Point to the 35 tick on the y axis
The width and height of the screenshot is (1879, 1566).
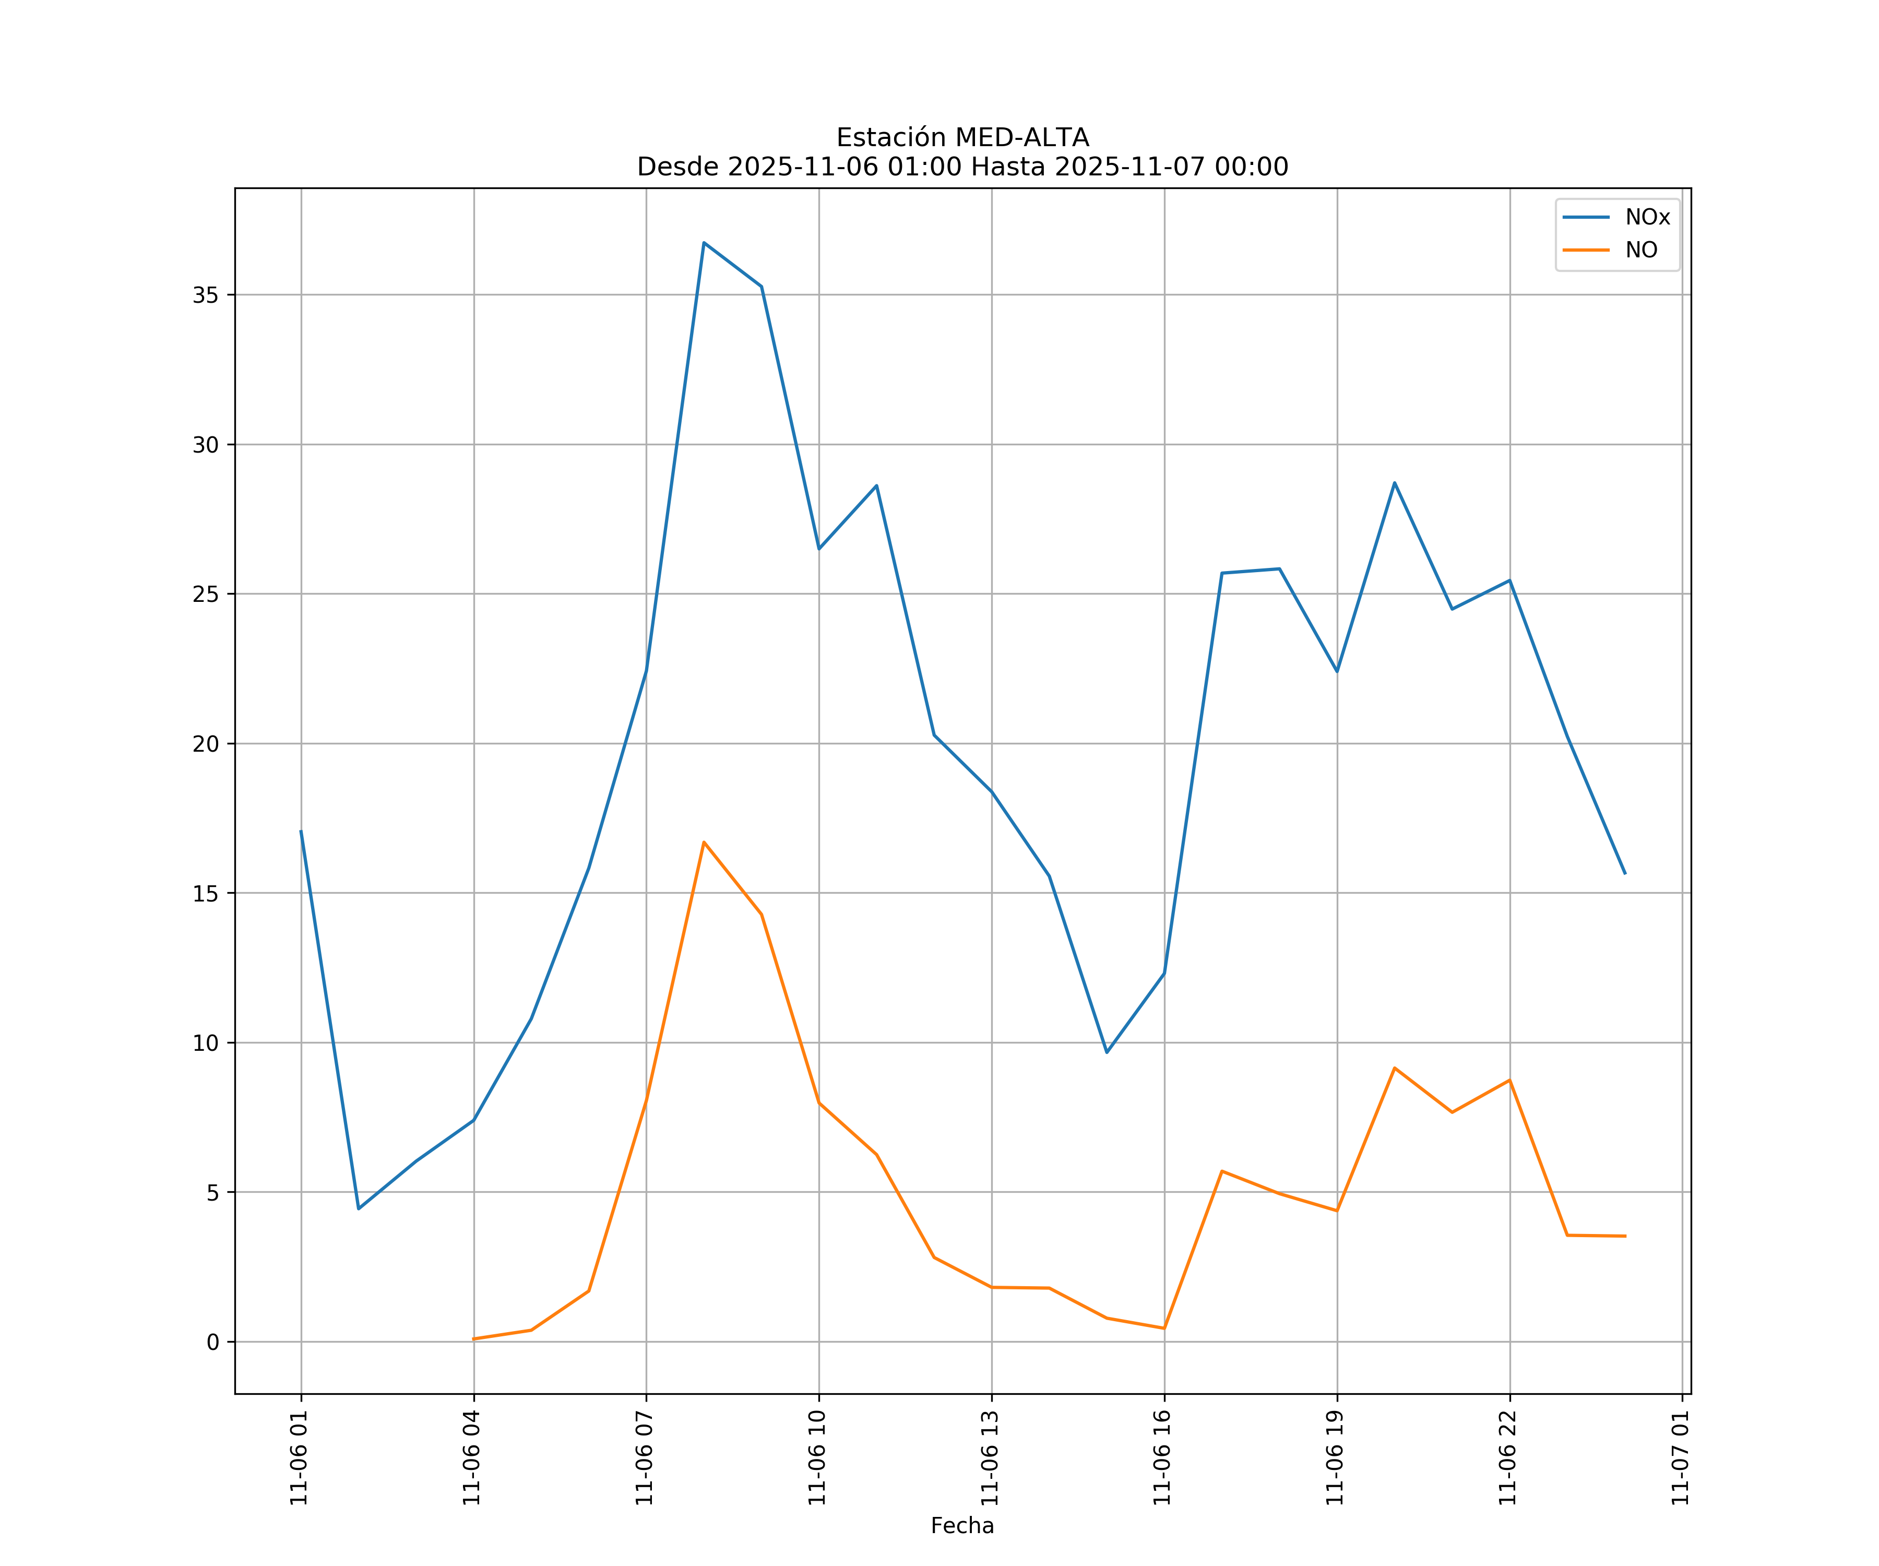click(x=205, y=295)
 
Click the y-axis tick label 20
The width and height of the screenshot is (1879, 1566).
click(x=205, y=744)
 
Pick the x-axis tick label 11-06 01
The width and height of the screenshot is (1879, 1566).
click(x=300, y=1458)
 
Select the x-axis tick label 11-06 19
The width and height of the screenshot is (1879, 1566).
click(x=1336, y=1458)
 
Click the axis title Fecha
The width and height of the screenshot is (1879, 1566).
click(x=962, y=1526)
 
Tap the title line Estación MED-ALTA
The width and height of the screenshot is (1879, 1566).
click(x=962, y=138)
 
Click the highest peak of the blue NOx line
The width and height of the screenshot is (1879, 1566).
click(x=704, y=243)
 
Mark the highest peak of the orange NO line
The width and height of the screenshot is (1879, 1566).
click(x=704, y=842)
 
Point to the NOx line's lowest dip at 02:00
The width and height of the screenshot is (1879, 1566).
click(x=359, y=1209)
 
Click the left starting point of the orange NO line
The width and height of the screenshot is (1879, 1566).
click(x=473, y=1339)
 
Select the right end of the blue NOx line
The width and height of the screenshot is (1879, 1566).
click(x=1625, y=873)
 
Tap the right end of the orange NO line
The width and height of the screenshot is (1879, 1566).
click(x=1625, y=1236)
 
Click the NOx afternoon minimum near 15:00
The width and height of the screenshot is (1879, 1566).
click(x=1107, y=1052)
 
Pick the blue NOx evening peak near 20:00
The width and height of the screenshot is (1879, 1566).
click(x=1394, y=483)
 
